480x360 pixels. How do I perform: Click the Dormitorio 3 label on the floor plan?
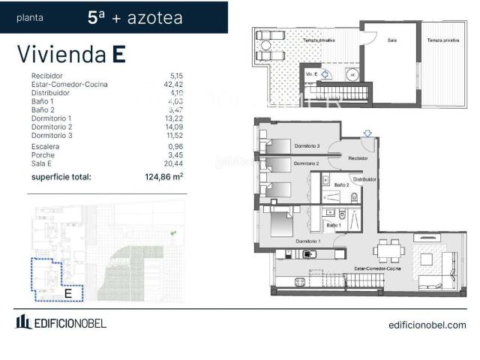(x=307, y=145)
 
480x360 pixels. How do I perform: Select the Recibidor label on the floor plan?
(x=357, y=158)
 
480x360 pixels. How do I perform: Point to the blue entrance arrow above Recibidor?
(x=366, y=134)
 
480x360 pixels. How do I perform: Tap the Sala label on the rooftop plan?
(x=391, y=40)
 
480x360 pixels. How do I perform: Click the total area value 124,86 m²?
(x=163, y=178)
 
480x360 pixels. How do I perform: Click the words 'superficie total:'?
(x=61, y=178)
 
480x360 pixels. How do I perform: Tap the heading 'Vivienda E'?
(x=70, y=54)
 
